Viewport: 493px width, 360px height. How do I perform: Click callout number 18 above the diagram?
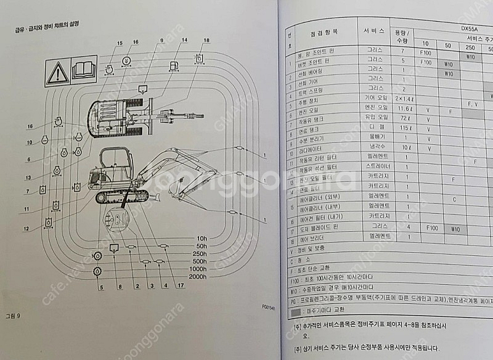(206, 40)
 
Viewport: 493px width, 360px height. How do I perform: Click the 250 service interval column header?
(470, 48)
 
